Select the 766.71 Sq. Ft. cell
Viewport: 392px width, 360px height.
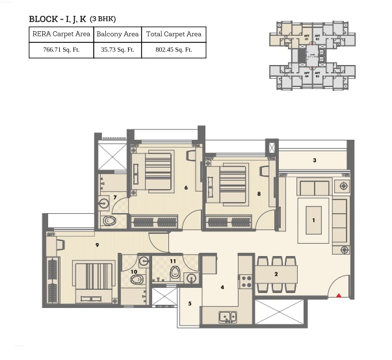[61, 49]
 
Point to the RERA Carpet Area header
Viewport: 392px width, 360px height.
[61, 34]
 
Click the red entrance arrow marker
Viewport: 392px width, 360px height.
[339, 296]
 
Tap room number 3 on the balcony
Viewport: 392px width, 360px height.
[314, 160]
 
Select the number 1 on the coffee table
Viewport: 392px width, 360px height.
[313, 220]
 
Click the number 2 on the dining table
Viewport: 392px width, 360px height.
[276, 274]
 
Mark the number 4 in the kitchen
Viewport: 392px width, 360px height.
[222, 287]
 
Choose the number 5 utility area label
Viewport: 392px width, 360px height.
[190, 303]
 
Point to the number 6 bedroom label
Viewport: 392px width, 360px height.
[186, 188]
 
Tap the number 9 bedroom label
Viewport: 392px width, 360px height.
[96, 245]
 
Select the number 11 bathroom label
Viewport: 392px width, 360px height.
[173, 261]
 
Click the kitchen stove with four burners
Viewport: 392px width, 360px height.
[246, 281]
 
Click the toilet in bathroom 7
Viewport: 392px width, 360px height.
[109, 222]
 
